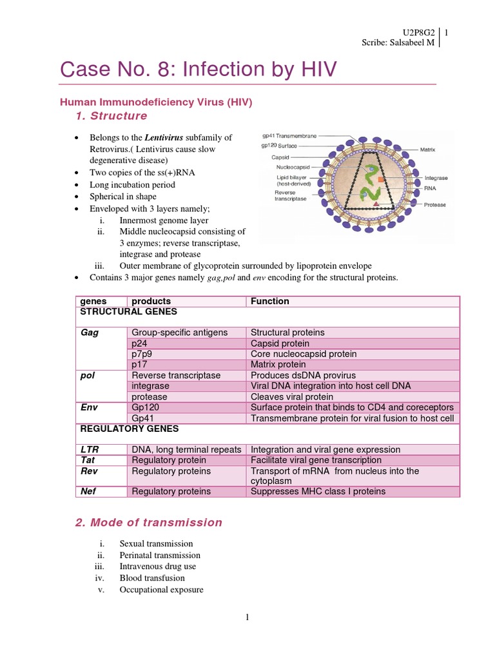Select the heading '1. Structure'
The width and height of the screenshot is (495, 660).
click(111, 116)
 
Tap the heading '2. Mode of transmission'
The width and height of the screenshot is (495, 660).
click(148, 523)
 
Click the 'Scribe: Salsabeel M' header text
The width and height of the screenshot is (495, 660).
click(398, 43)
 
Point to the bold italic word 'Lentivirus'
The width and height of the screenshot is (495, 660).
click(164, 137)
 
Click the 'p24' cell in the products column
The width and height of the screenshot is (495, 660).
click(139, 344)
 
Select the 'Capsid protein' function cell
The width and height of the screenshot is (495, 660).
click(280, 344)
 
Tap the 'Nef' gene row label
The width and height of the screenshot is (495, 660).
click(88, 491)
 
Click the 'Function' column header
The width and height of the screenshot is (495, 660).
click(269, 301)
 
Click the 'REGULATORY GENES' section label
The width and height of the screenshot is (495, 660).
click(129, 429)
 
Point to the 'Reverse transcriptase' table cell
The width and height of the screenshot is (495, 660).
click(175, 375)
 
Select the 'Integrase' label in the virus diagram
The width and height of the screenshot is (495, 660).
click(436, 178)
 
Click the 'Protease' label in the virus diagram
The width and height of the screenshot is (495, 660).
click(434, 205)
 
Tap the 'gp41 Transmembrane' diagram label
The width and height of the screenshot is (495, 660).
click(289, 137)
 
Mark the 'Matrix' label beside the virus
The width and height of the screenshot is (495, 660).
click(428, 150)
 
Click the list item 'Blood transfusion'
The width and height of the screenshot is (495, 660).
click(152, 578)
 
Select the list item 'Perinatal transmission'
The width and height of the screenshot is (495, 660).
click(160, 555)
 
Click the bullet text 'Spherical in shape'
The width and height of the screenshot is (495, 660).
click(122, 197)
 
